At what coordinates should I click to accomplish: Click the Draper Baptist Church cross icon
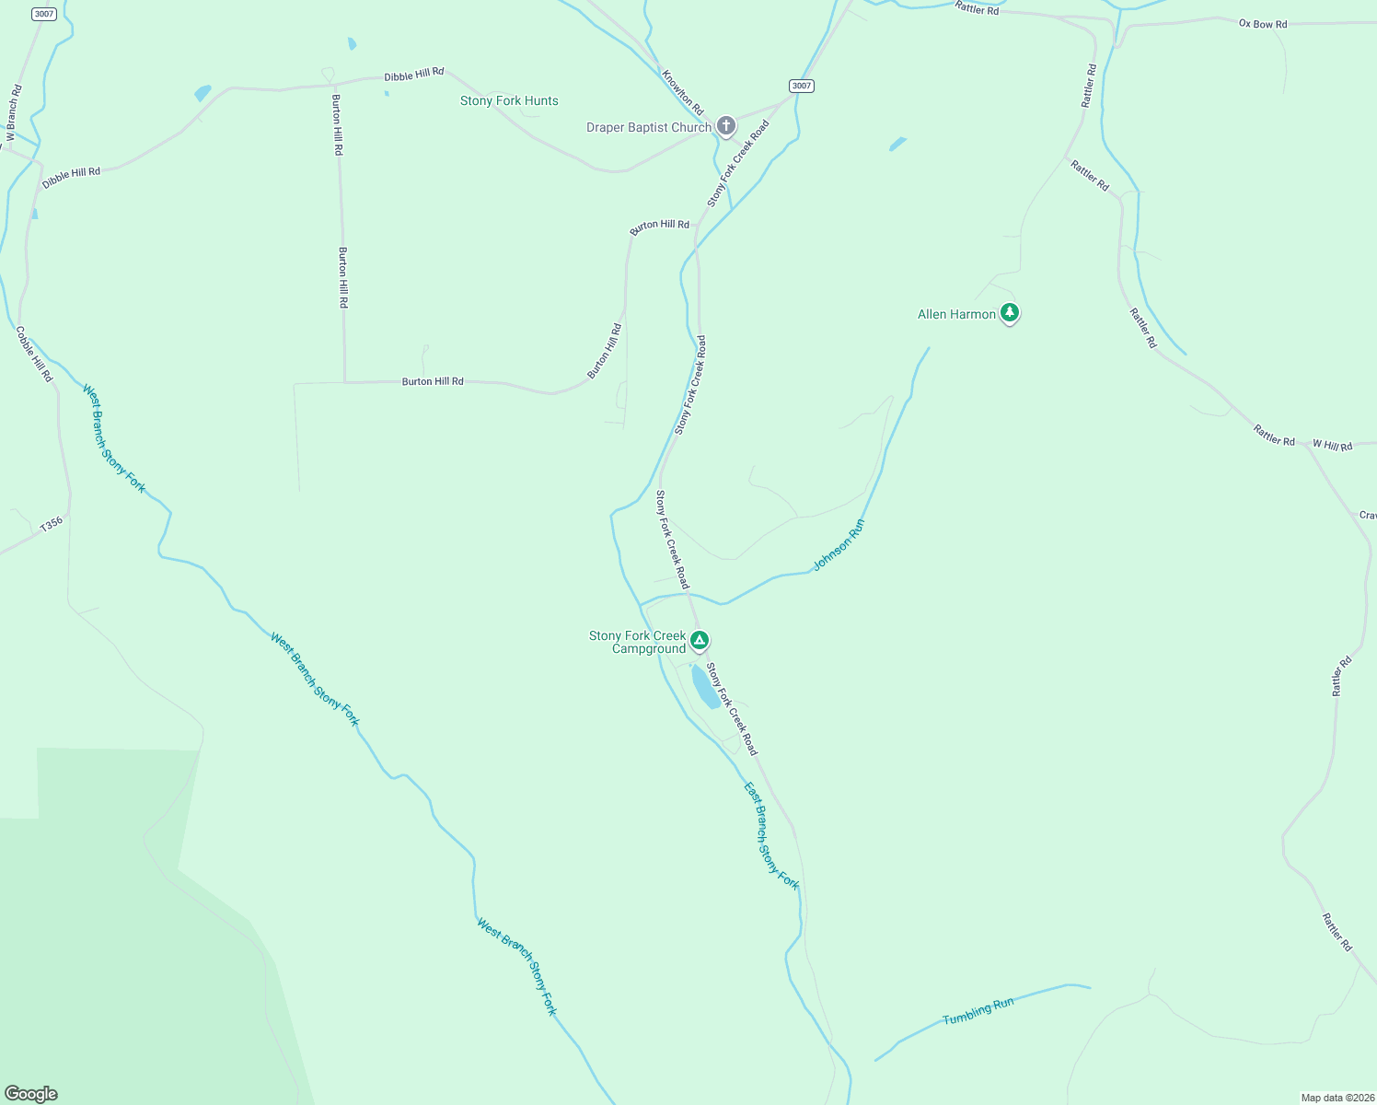[725, 126]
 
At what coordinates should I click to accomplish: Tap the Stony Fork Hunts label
[509, 100]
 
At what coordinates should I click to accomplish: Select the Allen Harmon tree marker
[1010, 313]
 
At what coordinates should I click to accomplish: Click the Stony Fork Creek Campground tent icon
[700, 639]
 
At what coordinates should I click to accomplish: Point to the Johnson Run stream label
[839, 544]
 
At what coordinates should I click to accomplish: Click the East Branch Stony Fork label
[771, 835]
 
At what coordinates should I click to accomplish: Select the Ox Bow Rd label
[1263, 24]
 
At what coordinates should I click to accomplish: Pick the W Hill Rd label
[1332, 446]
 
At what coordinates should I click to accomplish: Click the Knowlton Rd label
[682, 90]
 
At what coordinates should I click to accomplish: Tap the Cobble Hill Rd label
[35, 354]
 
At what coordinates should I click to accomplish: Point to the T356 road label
[52, 523]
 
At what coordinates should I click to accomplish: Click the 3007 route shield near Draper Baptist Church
[802, 86]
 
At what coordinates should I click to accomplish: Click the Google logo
[31, 1094]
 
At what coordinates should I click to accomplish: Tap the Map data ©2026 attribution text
[1336, 1098]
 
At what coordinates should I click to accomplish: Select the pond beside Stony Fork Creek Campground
[706, 687]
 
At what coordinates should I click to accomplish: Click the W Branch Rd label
[13, 115]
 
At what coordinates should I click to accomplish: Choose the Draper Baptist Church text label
[649, 127]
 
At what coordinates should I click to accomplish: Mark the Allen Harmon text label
[956, 314]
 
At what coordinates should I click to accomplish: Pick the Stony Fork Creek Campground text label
[638, 642]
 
